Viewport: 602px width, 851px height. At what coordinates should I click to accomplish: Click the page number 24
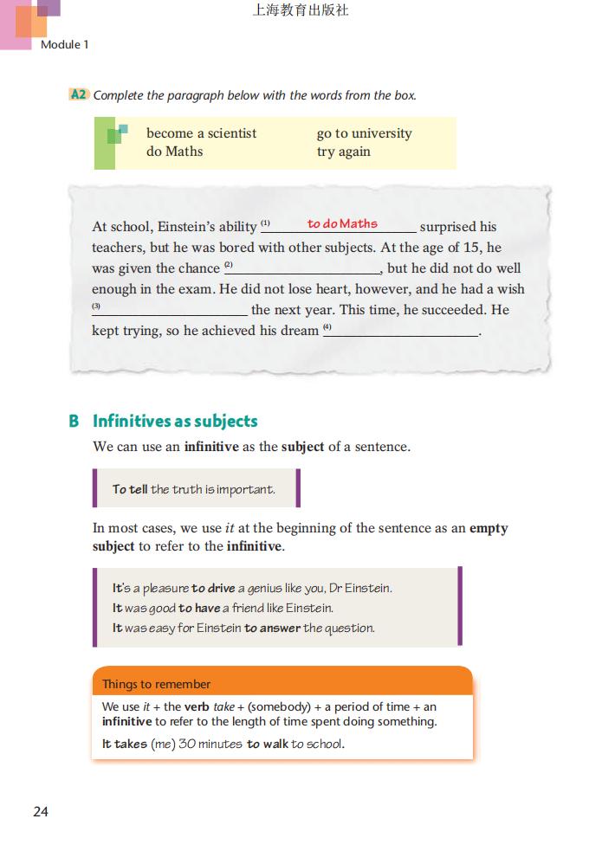click(x=41, y=811)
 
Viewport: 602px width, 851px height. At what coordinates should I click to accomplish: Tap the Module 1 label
click(x=65, y=44)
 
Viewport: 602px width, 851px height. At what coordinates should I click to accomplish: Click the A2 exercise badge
click(x=78, y=94)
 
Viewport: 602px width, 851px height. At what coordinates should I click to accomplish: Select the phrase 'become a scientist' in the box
click(x=201, y=133)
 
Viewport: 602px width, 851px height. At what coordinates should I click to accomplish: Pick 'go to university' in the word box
click(x=364, y=133)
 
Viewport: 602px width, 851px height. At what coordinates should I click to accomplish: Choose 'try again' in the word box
click(x=343, y=152)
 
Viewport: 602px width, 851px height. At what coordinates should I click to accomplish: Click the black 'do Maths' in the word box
click(x=174, y=152)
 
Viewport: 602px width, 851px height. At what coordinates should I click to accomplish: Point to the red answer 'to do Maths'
click(x=342, y=223)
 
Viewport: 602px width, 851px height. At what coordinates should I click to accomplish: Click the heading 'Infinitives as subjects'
click(x=175, y=422)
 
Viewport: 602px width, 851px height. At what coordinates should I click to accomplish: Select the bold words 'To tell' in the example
click(x=130, y=489)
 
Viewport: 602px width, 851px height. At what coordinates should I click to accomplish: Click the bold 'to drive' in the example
click(x=213, y=588)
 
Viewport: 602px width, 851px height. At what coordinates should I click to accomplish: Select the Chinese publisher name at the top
click(x=300, y=11)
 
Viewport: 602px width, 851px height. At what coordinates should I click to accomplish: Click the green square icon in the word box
click(x=115, y=134)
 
